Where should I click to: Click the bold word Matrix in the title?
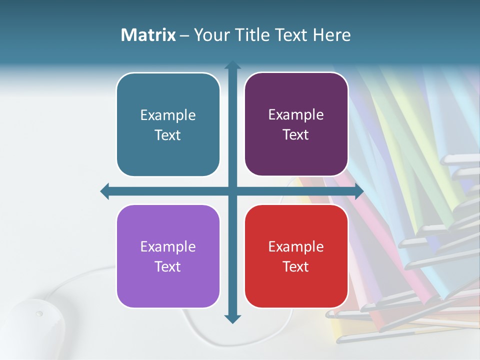pos(148,35)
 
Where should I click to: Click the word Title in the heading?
pos(249,35)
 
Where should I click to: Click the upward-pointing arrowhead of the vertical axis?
pos(232,65)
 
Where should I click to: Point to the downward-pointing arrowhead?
pos(232,318)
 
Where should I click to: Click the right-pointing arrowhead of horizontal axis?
pos(359,191)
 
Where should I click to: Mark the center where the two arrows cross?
pos(232,191)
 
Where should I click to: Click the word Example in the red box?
pos(296,246)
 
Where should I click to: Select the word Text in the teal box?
pos(168,135)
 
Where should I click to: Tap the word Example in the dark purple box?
pos(296,114)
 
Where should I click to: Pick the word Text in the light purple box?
pos(168,266)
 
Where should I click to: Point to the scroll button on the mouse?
pos(39,313)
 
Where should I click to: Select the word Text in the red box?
pos(296,266)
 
